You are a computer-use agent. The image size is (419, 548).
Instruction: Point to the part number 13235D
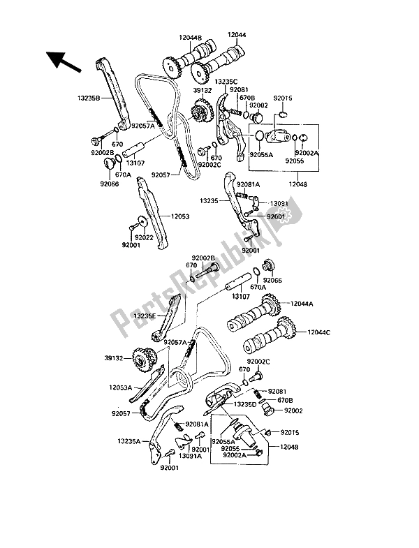click(x=247, y=404)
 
